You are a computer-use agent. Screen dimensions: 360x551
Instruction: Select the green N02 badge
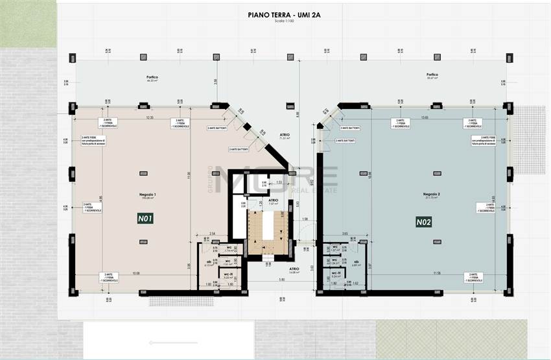423,222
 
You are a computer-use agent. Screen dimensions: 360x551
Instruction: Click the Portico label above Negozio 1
152,77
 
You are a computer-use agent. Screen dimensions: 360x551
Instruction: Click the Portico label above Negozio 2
432,75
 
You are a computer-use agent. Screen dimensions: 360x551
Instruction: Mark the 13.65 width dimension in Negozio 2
425,117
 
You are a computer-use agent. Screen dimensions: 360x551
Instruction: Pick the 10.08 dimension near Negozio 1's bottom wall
135,273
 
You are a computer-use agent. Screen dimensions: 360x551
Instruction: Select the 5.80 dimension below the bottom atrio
282,280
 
